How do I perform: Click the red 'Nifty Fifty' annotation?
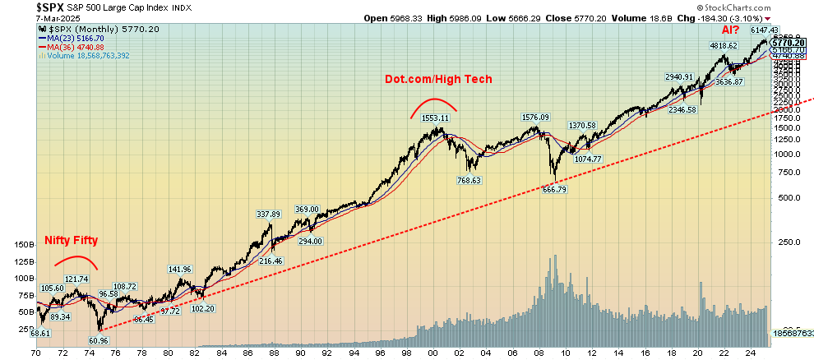(x=71, y=241)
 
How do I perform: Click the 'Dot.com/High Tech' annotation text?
(x=440, y=79)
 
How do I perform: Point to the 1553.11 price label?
(x=438, y=118)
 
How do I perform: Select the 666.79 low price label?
(x=554, y=189)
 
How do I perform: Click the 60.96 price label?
(x=98, y=339)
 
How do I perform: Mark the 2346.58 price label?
(x=682, y=109)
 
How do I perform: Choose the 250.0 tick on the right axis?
(x=789, y=242)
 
